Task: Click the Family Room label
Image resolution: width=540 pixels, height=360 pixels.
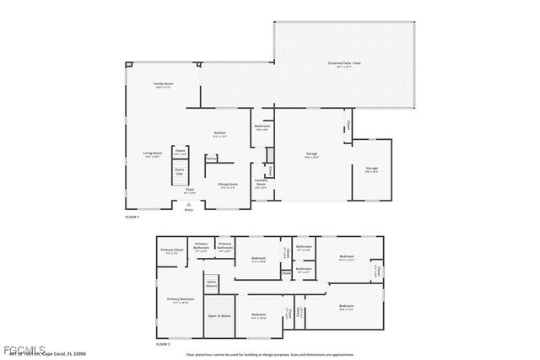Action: tap(163, 85)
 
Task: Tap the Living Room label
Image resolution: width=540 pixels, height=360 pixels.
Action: tap(152, 154)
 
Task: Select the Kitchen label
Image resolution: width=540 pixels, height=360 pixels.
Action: tap(219, 134)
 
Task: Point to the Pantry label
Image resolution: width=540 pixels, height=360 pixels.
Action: tap(211, 158)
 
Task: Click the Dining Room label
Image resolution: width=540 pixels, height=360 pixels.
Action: tap(228, 185)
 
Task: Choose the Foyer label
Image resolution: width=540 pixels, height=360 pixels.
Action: tap(190, 191)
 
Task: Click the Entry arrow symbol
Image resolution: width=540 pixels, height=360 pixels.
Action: tap(188, 204)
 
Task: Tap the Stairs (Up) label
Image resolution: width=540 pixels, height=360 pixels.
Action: tap(180, 171)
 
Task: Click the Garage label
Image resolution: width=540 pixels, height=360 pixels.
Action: tap(311, 155)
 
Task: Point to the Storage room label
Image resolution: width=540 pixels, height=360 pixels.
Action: tap(371, 169)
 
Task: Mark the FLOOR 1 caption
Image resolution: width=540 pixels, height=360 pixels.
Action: tap(132, 218)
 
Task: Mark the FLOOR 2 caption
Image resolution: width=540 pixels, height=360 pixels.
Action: tap(163, 344)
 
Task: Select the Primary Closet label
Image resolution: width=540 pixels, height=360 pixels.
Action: tap(172, 250)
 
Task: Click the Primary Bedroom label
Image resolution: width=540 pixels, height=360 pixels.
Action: tap(180, 300)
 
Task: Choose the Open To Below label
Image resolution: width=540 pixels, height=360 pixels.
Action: tap(219, 316)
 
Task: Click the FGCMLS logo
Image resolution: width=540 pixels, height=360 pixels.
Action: tap(18, 348)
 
